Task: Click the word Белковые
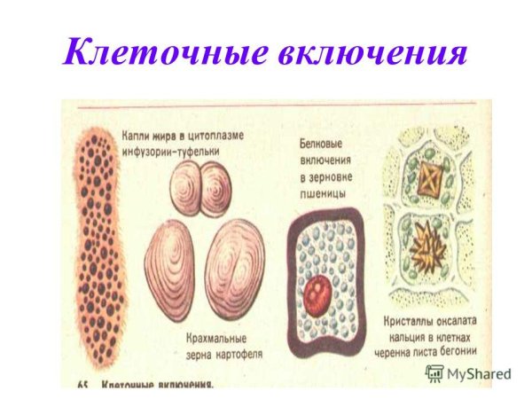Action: pyautogui.click(x=319, y=144)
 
